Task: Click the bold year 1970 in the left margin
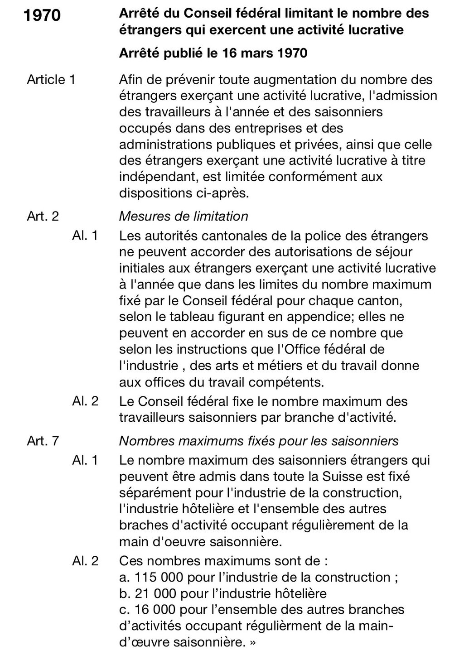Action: [41, 15]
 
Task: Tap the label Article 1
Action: [51, 80]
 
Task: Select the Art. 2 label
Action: [43, 216]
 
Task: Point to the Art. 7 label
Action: [43, 441]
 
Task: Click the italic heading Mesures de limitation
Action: [184, 216]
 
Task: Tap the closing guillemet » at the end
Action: [252, 642]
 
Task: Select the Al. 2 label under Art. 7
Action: [85, 561]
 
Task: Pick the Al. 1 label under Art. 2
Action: [85, 236]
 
